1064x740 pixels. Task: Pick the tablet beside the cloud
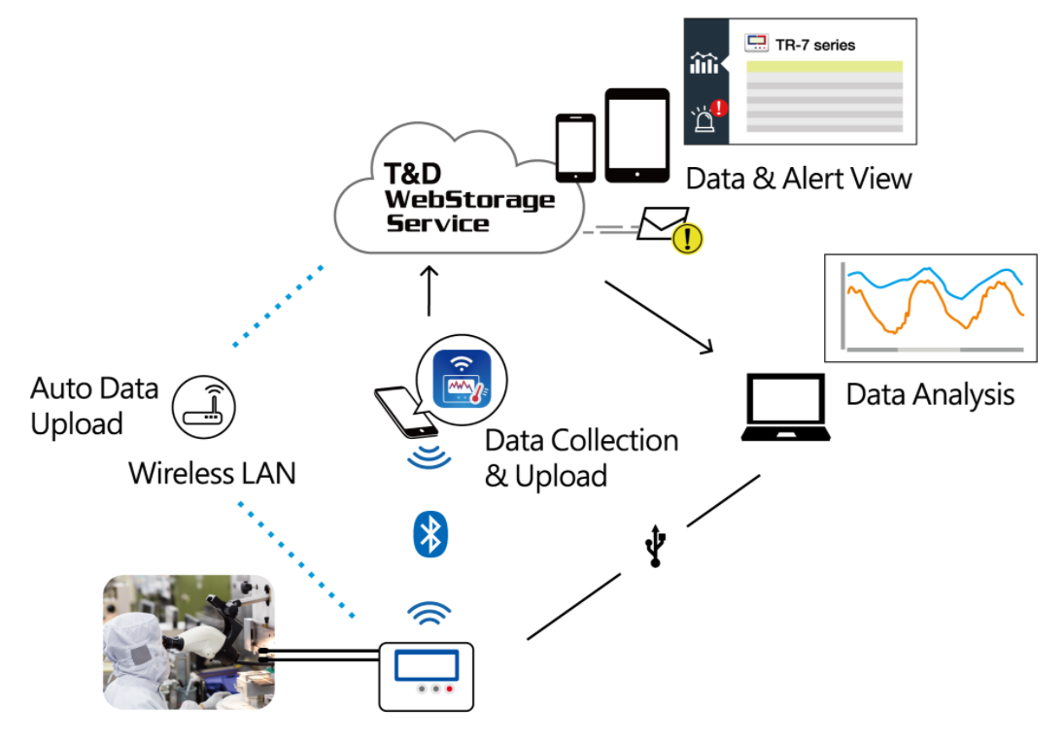637,135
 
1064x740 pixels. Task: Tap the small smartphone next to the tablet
575,148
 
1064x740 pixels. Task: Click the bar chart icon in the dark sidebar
704,64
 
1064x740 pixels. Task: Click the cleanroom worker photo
189,641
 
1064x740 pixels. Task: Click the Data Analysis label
930,394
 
